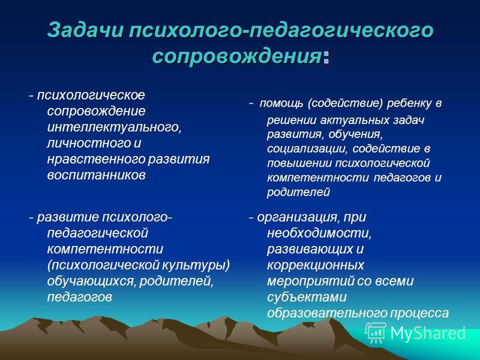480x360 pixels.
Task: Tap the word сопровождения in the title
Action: pos(236,56)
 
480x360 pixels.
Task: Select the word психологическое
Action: pos(91,95)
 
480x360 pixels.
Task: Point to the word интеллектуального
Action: pos(114,127)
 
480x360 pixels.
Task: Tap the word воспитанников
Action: pos(96,175)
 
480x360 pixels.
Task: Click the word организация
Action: pos(298,218)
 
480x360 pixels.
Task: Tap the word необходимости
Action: pos(319,233)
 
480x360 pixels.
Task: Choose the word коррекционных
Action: pos(316,265)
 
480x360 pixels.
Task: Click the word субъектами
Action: pos(307,297)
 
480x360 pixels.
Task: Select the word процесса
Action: pos(419,313)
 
